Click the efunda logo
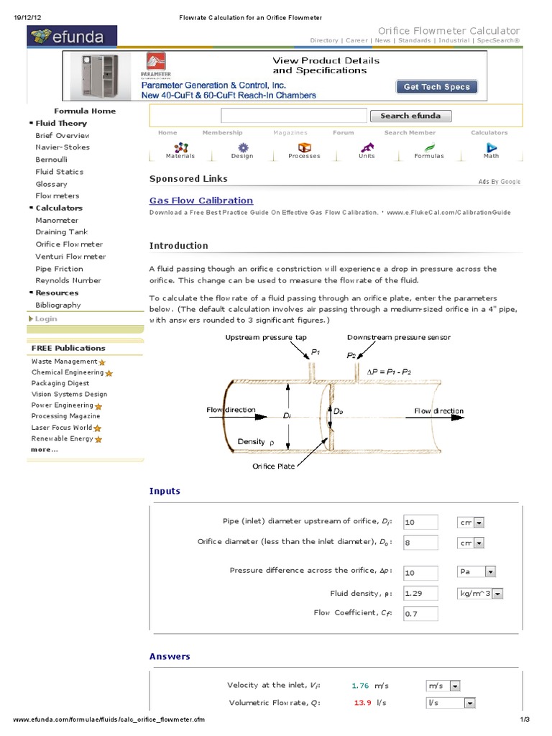(72, 36)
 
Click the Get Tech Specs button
(436, 87)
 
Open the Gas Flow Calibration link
(201, 201)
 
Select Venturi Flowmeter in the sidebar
(70, 257)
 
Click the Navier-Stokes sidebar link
(63, 147)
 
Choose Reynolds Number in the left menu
(68, 280)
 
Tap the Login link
(46, 318)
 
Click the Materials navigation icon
(180, 150)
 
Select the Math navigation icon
(491, 150)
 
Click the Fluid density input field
(420, 594)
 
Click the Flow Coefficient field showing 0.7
(420, 614)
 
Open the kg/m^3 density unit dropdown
(479, 594)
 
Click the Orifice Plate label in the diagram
(273, 466)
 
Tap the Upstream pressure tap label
(266, 337)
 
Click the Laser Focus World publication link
(62, 427)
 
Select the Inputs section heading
(165, 491)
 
